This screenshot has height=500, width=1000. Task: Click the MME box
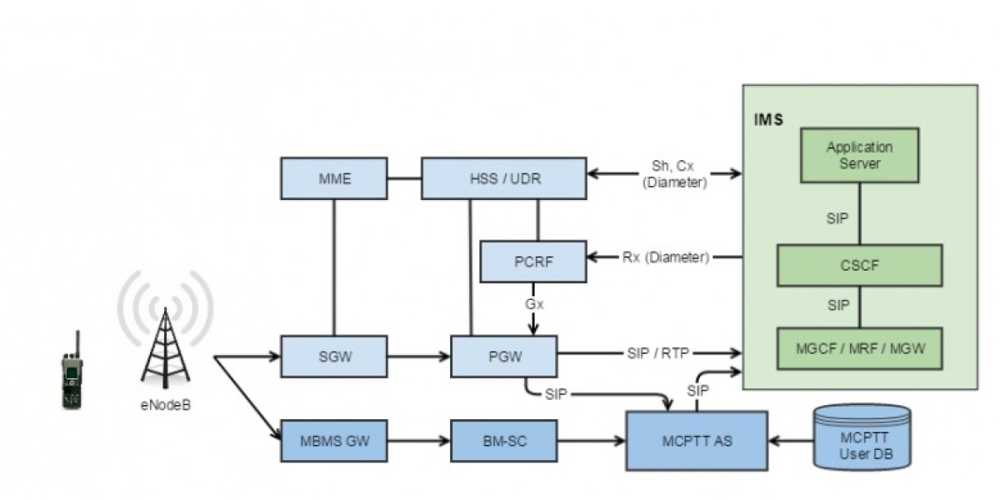tap(333, 177)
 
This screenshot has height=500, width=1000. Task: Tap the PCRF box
tap(533, 261)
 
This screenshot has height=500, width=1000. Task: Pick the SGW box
tap(333, 357)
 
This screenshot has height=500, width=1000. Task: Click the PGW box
tap(503, 357)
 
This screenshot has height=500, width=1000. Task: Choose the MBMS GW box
tap(333, 441)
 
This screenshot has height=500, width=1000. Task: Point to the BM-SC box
tap(503, 441)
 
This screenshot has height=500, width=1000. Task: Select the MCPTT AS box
tap(697, 441)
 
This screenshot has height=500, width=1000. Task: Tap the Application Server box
tap(859, 156)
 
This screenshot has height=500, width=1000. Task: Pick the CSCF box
tap(859, 265)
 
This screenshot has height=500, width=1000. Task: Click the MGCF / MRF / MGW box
tap(859, 348)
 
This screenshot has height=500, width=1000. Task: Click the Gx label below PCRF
tap(534, 305)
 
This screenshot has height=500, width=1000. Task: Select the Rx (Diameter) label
tap(665, 257)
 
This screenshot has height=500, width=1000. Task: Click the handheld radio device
tap(73, 372)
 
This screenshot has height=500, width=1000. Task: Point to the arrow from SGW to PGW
tap(419, 357)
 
